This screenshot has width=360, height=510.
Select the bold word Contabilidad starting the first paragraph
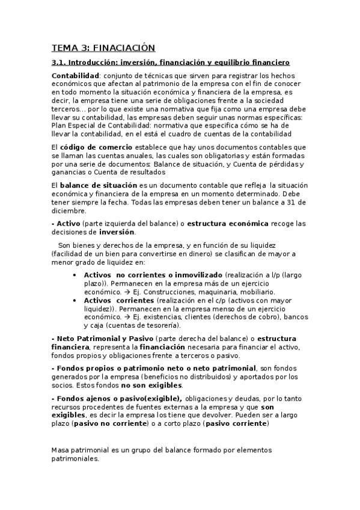pyautogui.click(x=75, y=76)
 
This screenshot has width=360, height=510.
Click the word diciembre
pyautogui.click(x=69, y=211)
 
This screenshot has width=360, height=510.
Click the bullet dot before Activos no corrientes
pyautogui.click(x=74, y=275)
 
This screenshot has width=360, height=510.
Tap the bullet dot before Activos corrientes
pyautogui.click(x=74, y=300)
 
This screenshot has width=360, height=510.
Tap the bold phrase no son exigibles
pyautogui.click(x=152, y=385)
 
